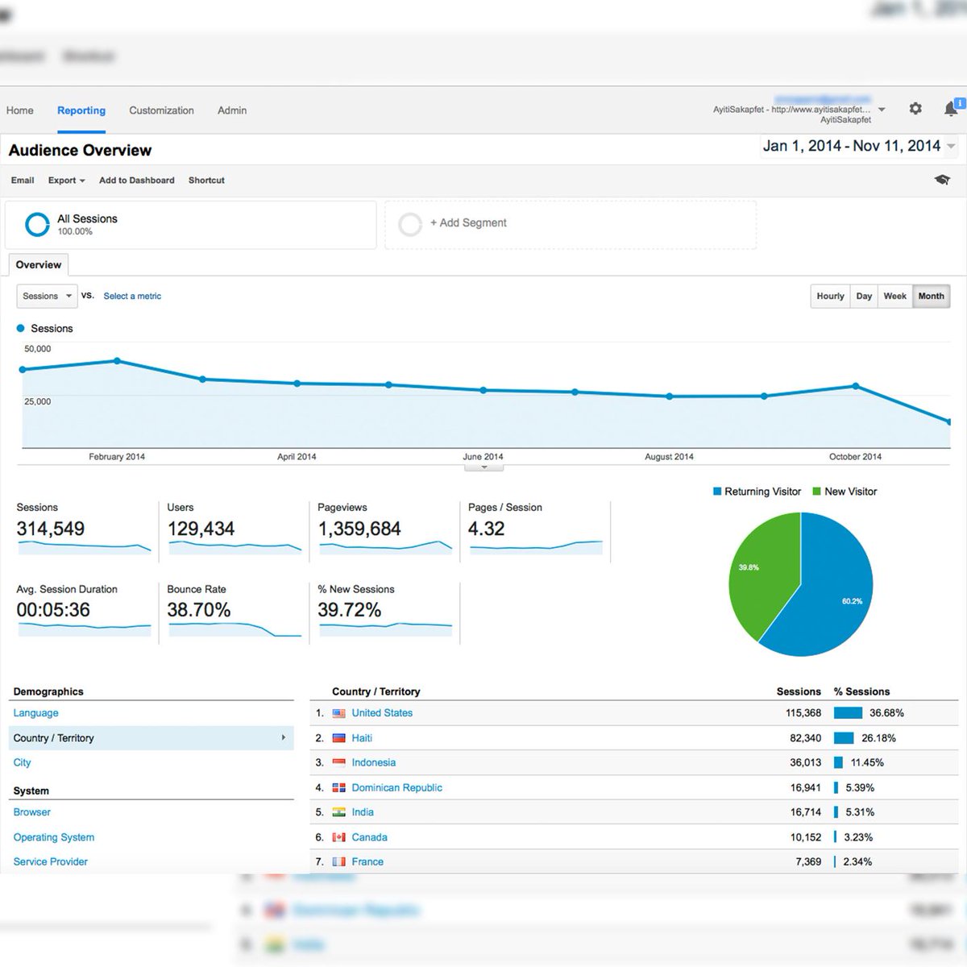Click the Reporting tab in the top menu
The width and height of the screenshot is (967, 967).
81,110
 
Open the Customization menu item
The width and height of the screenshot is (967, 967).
161,110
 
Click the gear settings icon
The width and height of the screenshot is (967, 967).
915,108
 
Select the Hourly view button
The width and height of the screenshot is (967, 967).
830,297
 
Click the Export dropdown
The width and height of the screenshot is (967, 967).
66,181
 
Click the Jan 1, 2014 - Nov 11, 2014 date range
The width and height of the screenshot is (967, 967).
852,146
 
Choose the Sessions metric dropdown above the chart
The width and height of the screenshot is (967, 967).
47,297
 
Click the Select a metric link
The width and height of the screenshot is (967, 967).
132,297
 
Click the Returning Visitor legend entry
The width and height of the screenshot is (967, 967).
757,492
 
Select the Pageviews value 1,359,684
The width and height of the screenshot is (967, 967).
359,529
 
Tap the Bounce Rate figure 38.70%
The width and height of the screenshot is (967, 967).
199,610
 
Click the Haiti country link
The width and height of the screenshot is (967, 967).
362,738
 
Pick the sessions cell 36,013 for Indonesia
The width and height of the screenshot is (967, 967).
805,762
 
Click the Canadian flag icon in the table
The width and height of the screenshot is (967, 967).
339,837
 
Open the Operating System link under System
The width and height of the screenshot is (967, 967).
54,837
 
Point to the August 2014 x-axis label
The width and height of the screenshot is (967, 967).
669,457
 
